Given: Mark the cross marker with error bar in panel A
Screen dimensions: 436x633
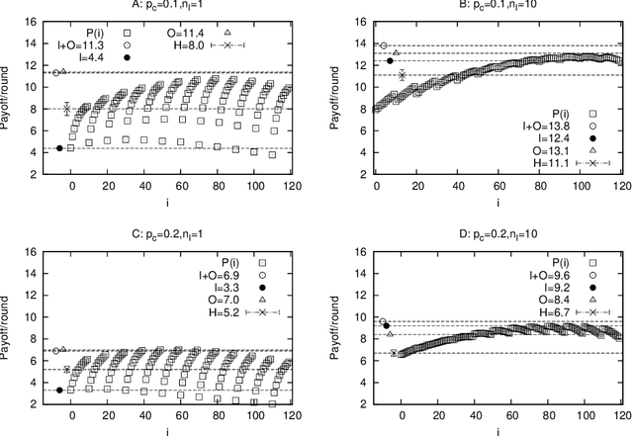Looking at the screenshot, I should (67, 109).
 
